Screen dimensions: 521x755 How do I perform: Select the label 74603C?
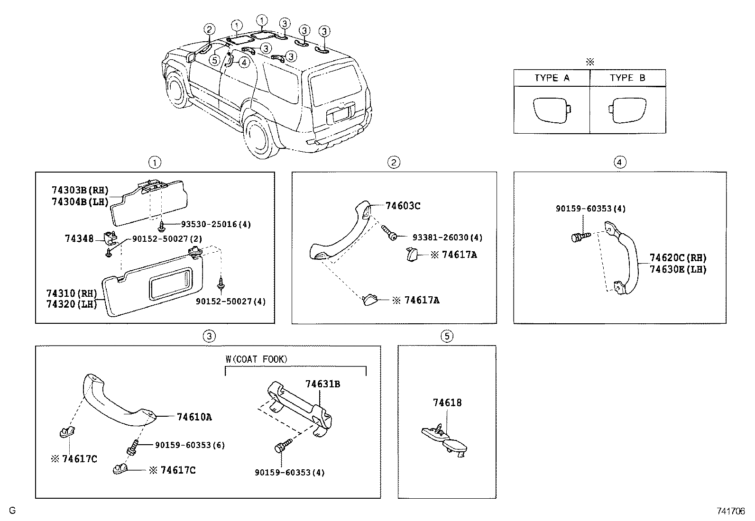(403, 206)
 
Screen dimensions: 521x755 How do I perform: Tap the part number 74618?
(447, 403)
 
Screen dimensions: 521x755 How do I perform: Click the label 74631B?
(322, 384)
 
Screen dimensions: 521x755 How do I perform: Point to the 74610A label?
(194, 417)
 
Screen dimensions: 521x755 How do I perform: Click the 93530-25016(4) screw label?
(215, 224)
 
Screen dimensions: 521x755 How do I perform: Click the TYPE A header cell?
(552, 78)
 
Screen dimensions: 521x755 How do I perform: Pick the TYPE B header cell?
(627, 78)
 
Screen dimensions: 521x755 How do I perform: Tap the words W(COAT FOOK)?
(256, 359)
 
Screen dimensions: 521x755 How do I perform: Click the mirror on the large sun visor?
(171, 283)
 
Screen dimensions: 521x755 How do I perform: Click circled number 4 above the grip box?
(620, 163)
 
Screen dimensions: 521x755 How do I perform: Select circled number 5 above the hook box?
(447, 336)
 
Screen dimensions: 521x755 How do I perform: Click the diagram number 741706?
(731, 511)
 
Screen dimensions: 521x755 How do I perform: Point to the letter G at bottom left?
(13, 511)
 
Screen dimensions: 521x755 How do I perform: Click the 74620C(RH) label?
(678, 258)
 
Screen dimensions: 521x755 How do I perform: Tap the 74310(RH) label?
(71, 293)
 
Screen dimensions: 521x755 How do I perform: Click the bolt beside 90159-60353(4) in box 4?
(579, 236)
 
